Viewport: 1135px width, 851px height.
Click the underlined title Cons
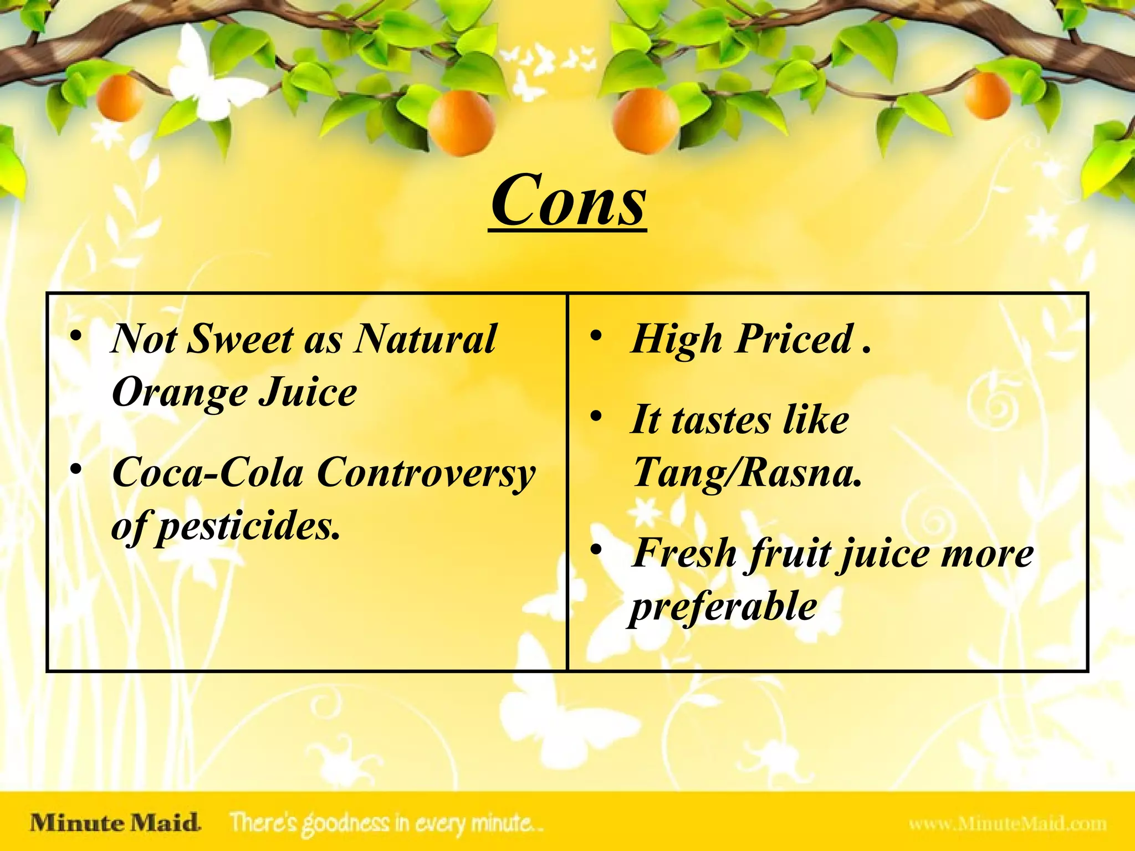coord(569,201)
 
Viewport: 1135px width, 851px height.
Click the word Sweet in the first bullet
coord(241,339)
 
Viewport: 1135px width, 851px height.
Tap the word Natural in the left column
coord(426,339)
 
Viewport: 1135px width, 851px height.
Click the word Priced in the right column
coord(794,339)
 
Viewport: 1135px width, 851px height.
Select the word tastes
coord(721,420)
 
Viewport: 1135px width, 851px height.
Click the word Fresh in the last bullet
coord(684,553)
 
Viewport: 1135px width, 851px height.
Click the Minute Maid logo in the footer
coord(115,823)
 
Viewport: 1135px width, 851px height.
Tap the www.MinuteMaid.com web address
coord(1008,824)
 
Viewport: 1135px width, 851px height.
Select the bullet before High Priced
coord(596,336)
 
